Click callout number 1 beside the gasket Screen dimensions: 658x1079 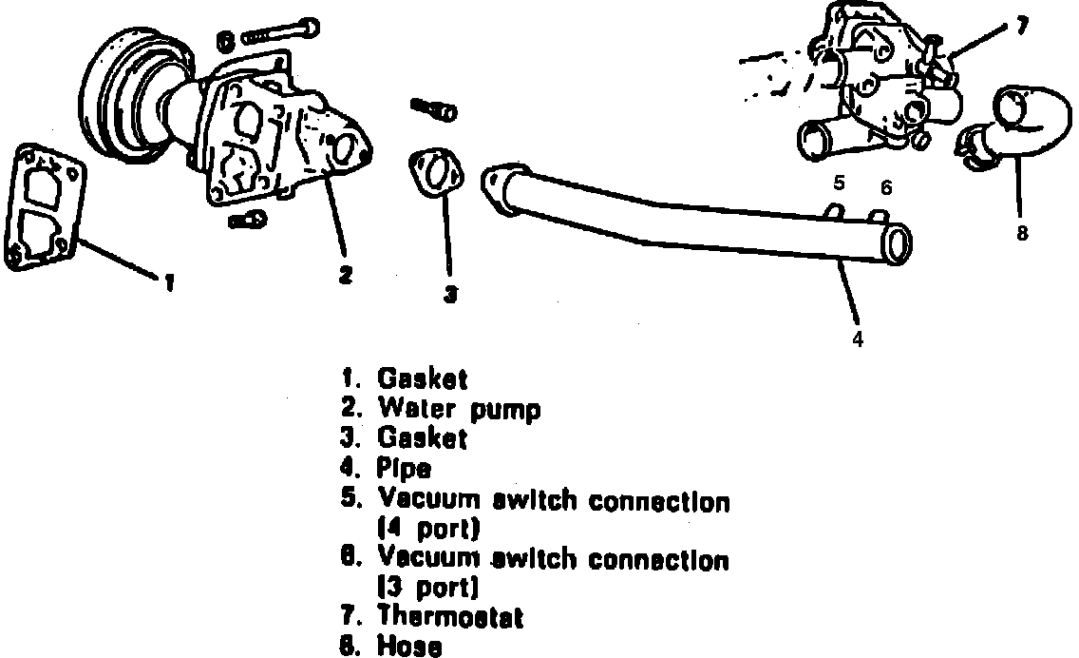(168, 282)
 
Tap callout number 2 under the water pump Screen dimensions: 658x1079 (346, 275)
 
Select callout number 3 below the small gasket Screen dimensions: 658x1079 (451, 295)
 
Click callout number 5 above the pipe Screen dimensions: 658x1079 (840, 183)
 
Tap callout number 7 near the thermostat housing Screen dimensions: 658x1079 (1021, 27)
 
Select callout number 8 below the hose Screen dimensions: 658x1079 (1022, 233)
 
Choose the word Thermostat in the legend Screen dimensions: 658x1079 (450, 618)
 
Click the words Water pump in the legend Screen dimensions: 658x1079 (459, 409)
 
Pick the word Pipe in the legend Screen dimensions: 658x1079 (405, 468)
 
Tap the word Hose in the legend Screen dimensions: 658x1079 (409, 647)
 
